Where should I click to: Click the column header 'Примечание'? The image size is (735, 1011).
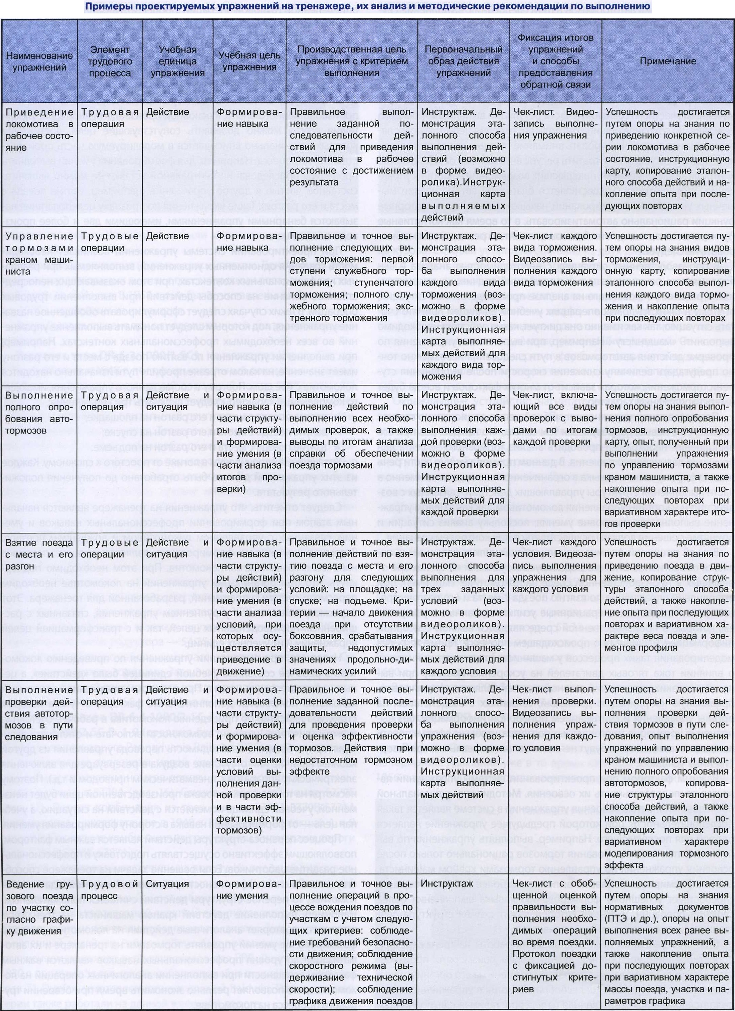[668, 61]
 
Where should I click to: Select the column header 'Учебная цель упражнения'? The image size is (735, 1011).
[249, 61]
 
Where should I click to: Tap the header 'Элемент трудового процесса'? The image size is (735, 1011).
[110, 61]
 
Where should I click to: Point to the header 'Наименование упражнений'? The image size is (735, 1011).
[39, 61]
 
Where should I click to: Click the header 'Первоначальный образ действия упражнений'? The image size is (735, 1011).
[463, 61]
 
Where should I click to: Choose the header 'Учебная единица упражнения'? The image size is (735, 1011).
[177, 61]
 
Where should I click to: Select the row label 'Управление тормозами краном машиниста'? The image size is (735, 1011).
[39, 253]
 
